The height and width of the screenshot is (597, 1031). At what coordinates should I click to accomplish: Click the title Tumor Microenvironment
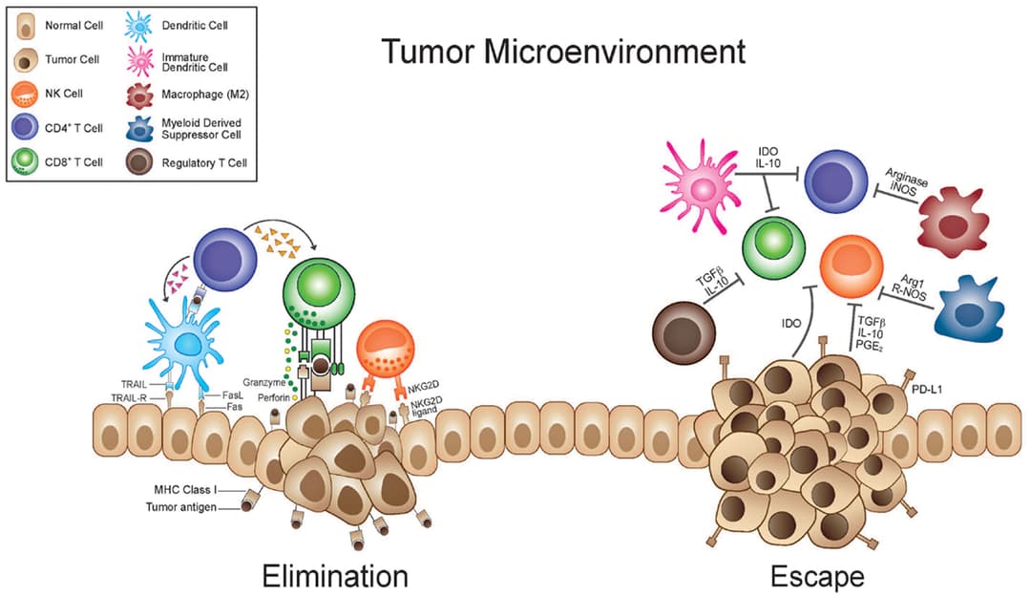563,51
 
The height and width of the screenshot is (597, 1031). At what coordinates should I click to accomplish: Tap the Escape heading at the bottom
818,577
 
